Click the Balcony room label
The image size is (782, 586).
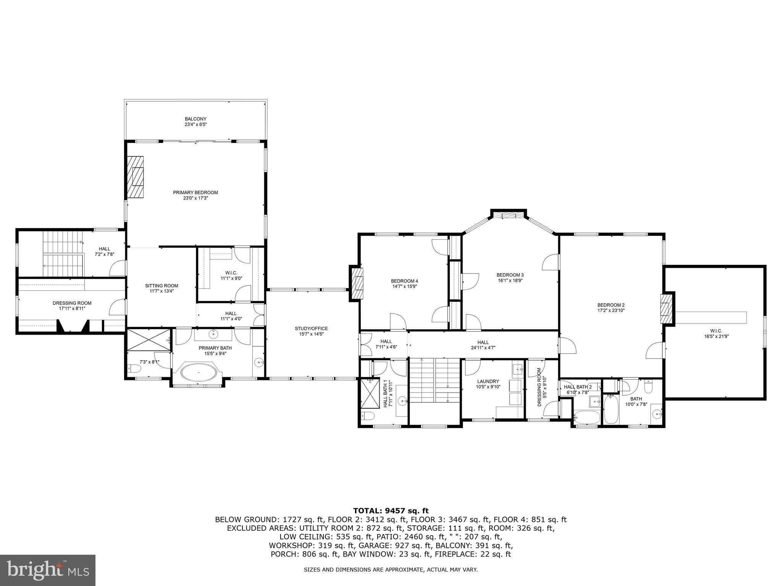click(x=195, y=119)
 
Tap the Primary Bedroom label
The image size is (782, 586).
click(x=195, y=193)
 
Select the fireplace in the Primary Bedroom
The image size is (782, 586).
click(x=136, y=177)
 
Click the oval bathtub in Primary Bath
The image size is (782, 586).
click(x=199, y=372)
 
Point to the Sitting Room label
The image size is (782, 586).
click(x=162, y=286)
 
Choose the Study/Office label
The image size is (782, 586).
click(x=311, y=328)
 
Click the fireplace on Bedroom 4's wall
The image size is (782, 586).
click(x=358, y=283)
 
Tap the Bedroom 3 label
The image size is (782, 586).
click(x=510, y=275)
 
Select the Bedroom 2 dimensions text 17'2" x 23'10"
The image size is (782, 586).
click(x=611, y=310)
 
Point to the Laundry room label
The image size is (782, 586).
click(x=488, y=382)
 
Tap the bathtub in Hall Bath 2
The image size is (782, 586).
click(x=586, y=417)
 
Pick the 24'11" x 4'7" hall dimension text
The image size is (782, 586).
click(x=483, y=348)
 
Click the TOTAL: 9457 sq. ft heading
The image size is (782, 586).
click(x=391, y=510)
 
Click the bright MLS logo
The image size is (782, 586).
click(x=48, y=570)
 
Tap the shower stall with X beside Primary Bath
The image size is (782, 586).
click(x=149, y=339)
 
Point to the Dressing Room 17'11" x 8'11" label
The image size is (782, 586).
click(x=72, y=306)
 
